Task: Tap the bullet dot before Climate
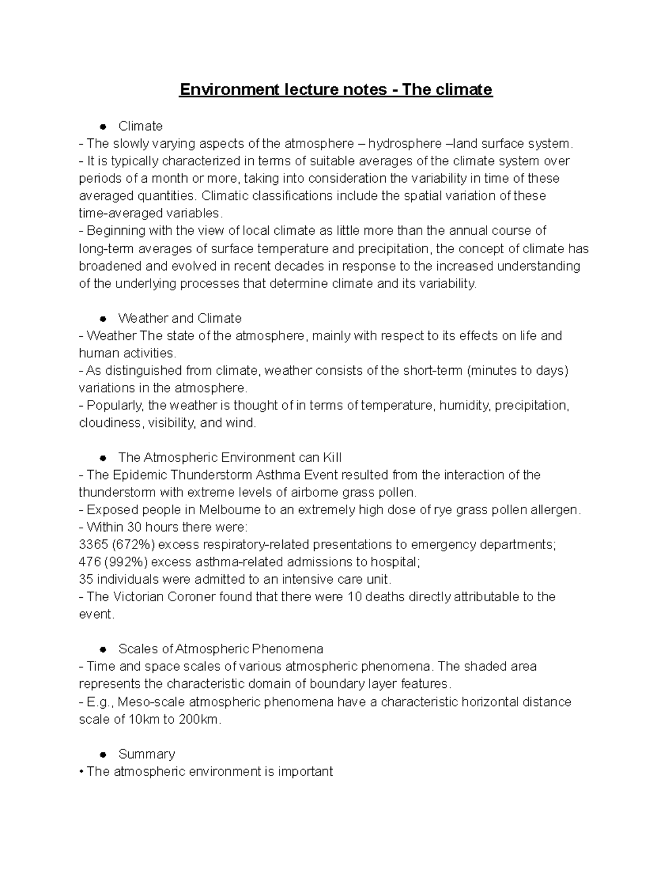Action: [x=103, y=127]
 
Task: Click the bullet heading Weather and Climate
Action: [x=180, y=318]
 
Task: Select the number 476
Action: [x=89, y=562]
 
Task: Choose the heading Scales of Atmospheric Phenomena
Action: [x=221, y=649]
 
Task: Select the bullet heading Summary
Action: [x=147, y=754]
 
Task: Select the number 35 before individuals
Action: [x=86, y=579]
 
